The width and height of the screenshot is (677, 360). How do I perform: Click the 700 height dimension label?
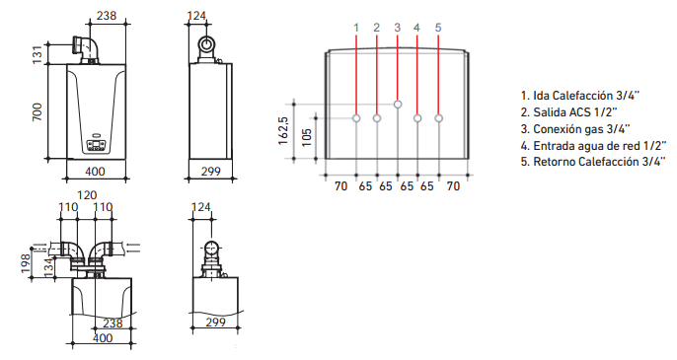click(x=38, y=111)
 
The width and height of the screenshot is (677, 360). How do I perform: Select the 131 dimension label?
click(x=38, y=54)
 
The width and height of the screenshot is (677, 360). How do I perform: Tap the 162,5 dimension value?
click(x=283, y=130)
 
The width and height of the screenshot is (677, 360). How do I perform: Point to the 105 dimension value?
click(x=307, y=137)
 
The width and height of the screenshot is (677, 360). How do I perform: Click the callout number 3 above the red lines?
click(x=397, y=28)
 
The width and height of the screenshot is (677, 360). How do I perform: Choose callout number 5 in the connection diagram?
click(x=438, y=28)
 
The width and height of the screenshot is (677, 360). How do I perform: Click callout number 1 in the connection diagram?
click(x=356, y=28)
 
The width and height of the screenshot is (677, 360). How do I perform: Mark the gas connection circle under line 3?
click(x=398, y=104)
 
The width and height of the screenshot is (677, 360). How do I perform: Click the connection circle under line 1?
click(x=356, y=117)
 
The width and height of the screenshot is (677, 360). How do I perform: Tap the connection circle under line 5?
click(x=438, y=117)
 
